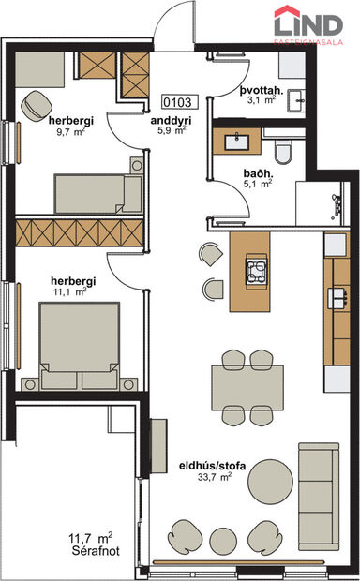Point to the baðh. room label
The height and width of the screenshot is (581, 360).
pos(258,172)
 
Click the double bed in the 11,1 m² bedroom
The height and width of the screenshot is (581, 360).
pos(82,343)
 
